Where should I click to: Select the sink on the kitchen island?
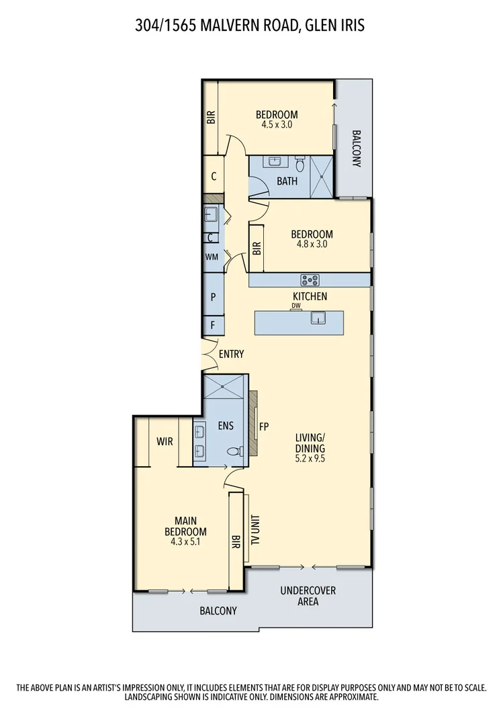(x=318, y=318)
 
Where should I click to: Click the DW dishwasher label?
(x=295, y=306)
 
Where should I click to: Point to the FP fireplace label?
(x=264, y=426)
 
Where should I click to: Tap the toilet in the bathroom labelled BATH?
(x=300, y=163)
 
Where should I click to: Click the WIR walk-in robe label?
(x=165, y=442)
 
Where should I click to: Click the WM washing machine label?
(x=212, y=257)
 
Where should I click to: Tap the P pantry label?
(x=213, y=296)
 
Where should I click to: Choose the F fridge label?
(x=213, y=326)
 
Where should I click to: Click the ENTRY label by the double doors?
(x=231, y=354)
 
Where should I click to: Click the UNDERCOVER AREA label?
(x=308, y=596)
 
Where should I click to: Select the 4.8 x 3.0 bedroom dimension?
(x=312, y=244)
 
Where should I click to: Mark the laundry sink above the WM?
(x=210, y=215)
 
